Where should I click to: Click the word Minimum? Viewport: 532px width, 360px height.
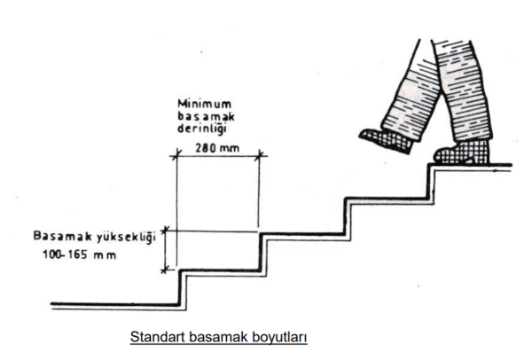point(204,104)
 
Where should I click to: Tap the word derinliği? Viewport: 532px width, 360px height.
point(202,129)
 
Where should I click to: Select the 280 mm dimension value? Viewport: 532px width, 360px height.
point(217,148)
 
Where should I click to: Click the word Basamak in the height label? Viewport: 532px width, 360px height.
point(62,236)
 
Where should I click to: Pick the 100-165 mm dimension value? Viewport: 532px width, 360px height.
point(80,254)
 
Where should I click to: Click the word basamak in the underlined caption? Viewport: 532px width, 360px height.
point(218,337)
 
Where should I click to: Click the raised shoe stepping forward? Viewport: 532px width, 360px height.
point(386,140)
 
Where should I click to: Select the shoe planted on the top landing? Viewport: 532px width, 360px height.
point(462,153)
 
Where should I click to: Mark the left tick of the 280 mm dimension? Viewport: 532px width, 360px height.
point(175,156)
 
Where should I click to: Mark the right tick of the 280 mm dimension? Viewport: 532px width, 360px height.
point(260,156)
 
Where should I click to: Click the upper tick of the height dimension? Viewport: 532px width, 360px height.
point(165,231)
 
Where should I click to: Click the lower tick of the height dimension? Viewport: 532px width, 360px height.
point(165,270)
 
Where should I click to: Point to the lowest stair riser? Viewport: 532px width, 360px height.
point(180,287)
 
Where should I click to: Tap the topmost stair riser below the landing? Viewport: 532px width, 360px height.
point(428,181)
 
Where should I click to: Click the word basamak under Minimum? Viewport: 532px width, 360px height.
point(206,116)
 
